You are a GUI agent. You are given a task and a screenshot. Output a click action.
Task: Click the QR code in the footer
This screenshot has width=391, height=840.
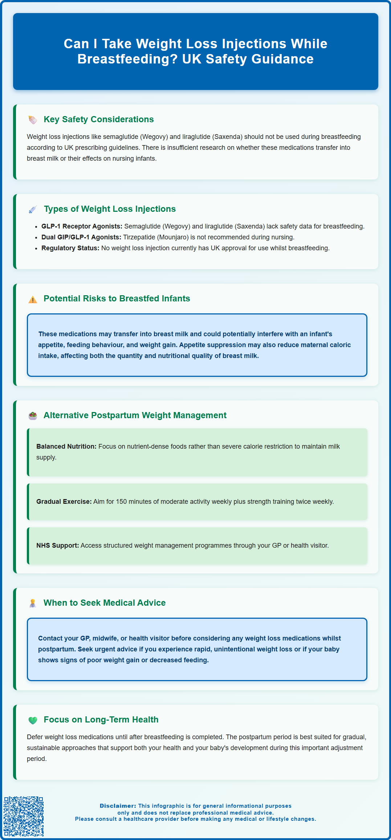pos(24,816)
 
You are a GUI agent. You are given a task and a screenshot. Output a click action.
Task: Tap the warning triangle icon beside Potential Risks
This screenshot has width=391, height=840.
pos(33,299)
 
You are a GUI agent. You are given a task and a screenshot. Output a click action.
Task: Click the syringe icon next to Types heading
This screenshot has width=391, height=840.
pos(33,210)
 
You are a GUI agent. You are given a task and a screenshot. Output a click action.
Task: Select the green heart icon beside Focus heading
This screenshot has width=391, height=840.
pos(33,720)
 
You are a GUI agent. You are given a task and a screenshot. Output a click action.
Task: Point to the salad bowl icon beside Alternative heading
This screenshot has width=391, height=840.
pos(33,416)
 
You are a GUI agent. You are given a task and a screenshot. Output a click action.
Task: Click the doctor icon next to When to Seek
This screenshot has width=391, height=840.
pos(33,604)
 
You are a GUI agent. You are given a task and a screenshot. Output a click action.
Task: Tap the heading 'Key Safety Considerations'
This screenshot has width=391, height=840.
pos(99,119)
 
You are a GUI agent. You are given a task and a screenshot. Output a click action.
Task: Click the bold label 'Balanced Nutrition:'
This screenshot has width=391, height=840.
pos(66,446)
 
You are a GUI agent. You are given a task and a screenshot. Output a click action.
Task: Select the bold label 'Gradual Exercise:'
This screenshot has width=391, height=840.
pos(64,502)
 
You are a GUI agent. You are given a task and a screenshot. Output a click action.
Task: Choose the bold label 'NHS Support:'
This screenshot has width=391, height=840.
pos(57,545)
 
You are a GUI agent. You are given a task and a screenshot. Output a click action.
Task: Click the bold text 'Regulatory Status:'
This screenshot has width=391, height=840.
pos(70,248)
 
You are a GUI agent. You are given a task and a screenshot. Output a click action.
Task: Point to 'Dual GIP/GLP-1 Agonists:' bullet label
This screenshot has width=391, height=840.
pos(81,237)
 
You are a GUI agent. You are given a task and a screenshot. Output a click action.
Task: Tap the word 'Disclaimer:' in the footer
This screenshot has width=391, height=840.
pos(118,806)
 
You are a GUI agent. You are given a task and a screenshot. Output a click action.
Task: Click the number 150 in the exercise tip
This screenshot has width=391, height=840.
pos(121,502)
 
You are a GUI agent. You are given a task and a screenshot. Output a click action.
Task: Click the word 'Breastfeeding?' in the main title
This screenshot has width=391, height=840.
pos(127,59)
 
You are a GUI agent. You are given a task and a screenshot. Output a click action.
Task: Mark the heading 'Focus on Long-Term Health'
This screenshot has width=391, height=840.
pos(101,720)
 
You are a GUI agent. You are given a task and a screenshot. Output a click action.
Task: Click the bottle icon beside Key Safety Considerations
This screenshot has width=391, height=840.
pos(33,120)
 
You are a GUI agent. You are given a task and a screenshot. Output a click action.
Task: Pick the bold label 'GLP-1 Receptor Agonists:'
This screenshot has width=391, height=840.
pos(82,226)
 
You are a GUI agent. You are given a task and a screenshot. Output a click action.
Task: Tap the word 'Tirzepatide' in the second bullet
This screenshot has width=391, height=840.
pos(139,237)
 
